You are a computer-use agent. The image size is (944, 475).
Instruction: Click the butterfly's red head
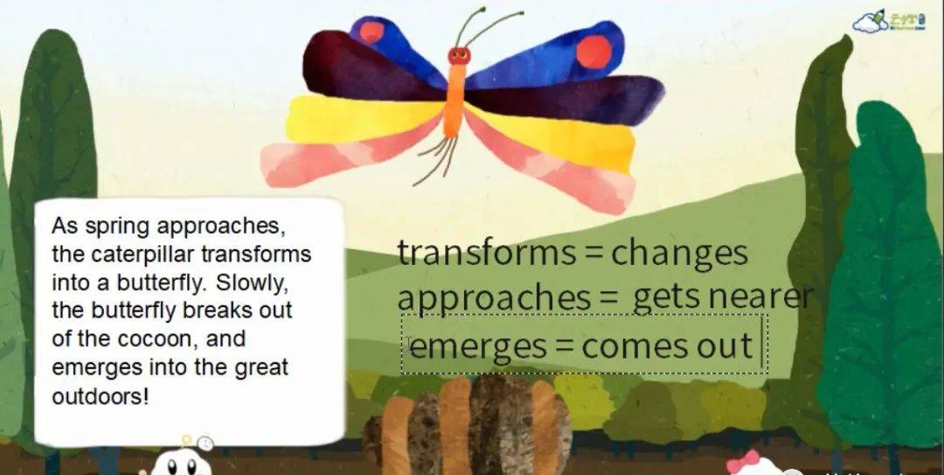(459, 56)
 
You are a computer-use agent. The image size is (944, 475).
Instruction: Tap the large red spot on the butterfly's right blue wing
(593, 52)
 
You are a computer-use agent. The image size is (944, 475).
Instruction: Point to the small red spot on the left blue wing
(371, 31)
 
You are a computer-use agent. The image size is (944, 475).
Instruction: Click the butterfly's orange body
(455, 100)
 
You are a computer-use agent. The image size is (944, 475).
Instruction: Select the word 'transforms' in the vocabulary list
(487, 253)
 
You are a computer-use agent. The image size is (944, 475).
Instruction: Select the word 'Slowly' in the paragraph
(253, 282)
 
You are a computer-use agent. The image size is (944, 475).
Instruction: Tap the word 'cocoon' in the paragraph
(157, 339)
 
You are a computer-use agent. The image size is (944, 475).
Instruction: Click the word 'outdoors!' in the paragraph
(100, 397)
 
